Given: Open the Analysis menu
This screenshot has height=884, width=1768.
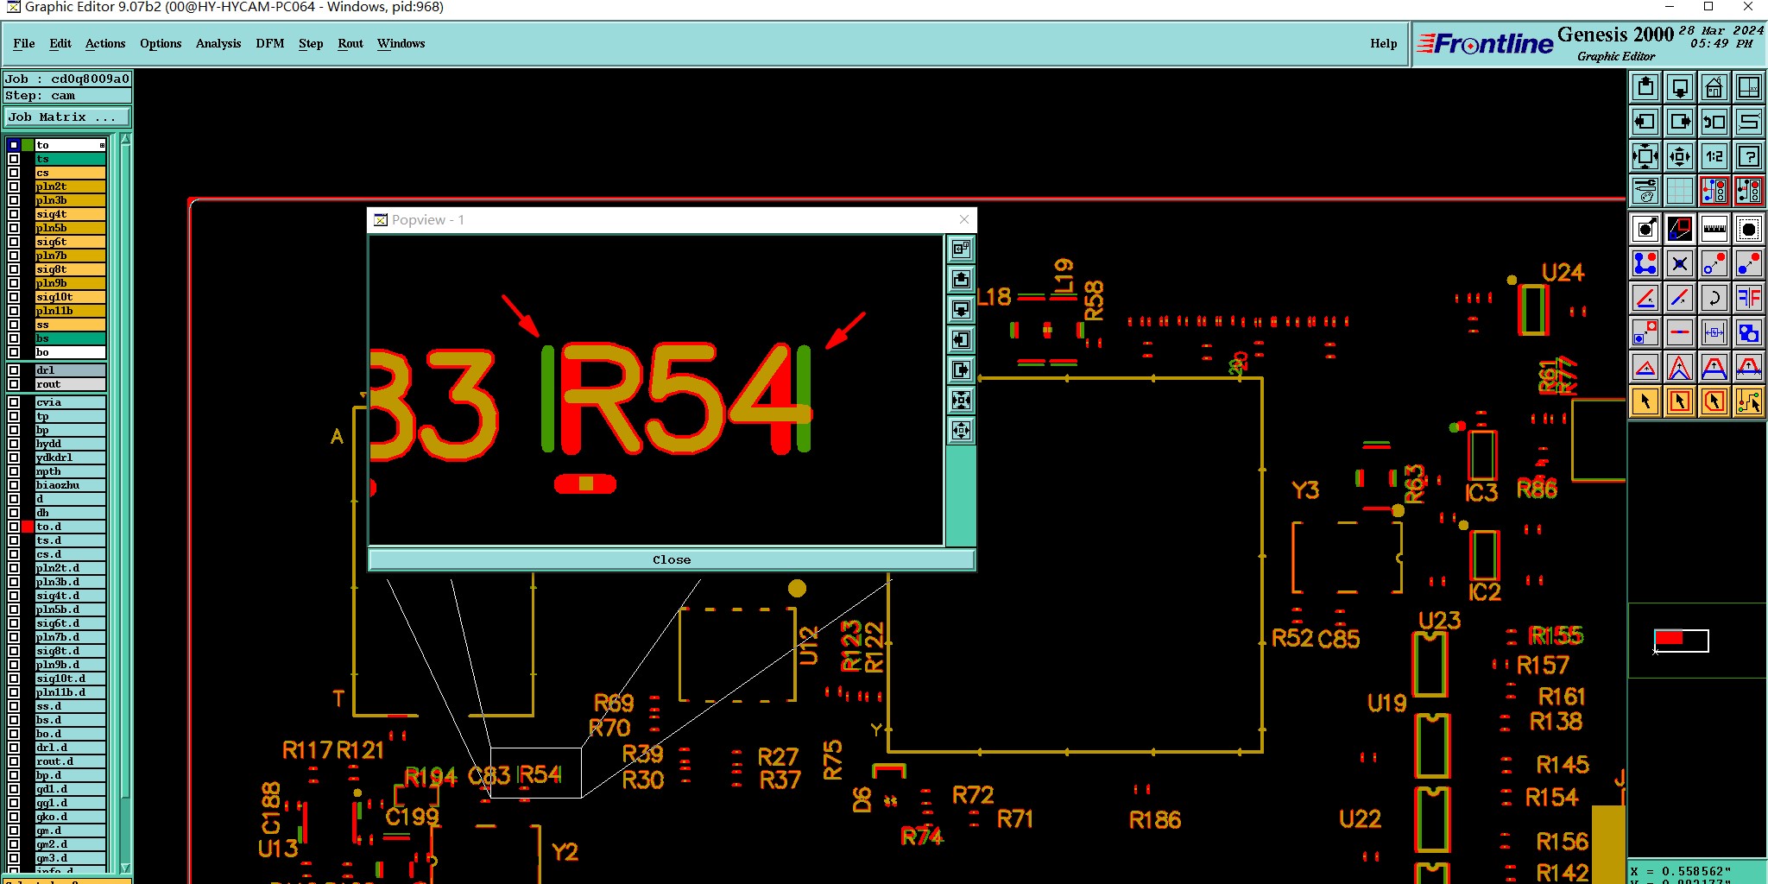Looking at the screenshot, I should pyautogui.click(x=218, y=43).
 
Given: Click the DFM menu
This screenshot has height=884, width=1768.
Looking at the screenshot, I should pyautogui.click(x=269, y=43).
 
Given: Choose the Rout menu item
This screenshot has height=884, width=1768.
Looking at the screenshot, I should pyautogui.click(x=350, y=43).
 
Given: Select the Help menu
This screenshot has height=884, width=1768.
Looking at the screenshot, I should pyautogui.click(x=1383, y=43).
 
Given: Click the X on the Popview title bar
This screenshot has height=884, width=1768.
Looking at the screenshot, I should pyautogui.click(x=964, y=219).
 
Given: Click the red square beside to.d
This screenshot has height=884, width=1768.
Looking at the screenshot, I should pyautogui.click(x=28, y=527).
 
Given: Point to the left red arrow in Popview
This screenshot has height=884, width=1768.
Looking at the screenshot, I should pyautogui.click(x=520, y=315).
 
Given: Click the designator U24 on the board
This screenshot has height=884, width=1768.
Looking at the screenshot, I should pyautogui.click(x=1563, y=273).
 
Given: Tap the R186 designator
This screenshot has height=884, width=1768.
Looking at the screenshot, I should pyautogui.click(x=1155, y=820).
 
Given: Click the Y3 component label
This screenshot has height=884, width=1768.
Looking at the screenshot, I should pyautogui.click(x=1305, y=490).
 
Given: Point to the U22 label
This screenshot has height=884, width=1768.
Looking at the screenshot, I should pyautogui.click(x=1360, y=818).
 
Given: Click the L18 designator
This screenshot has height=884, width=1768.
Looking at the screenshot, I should pyautogui.click(x=994, y=297).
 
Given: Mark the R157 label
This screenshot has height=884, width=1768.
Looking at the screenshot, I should pyautogui.click(x=1543, y=666).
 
